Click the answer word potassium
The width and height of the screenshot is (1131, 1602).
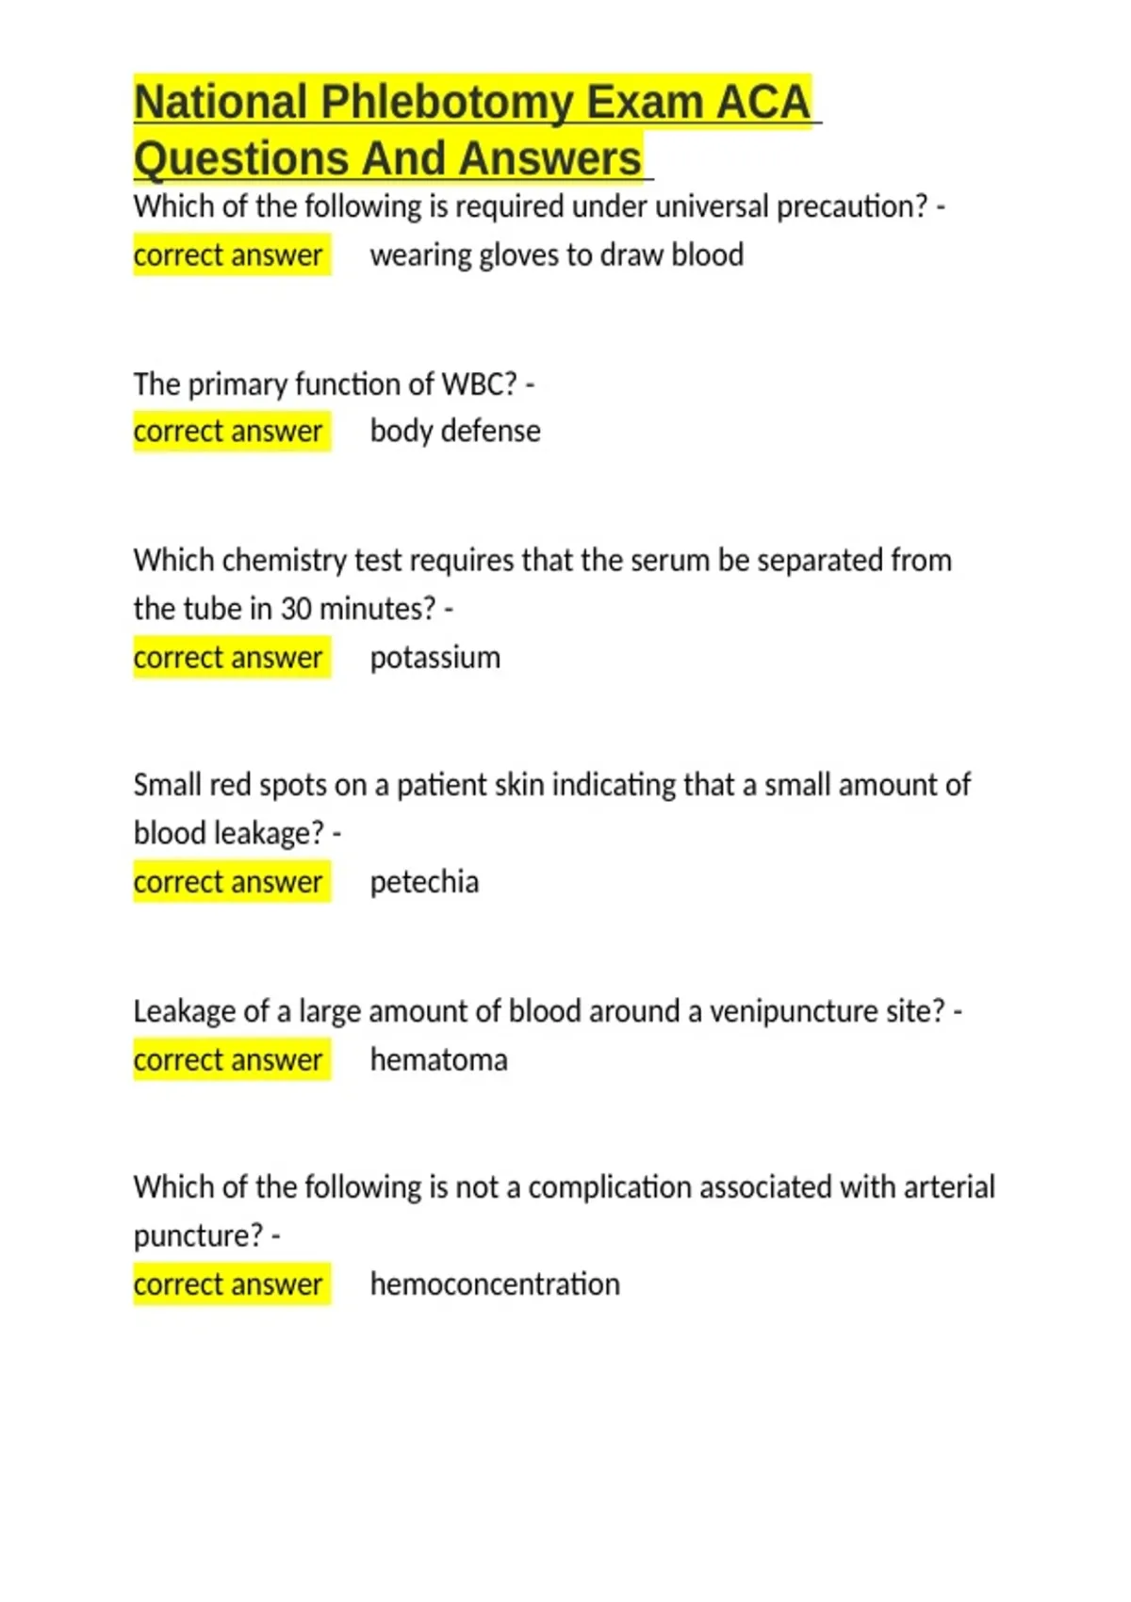(434, 658)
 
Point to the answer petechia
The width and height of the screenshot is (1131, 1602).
(424, 882)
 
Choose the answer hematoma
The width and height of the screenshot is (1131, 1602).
(438, 1060)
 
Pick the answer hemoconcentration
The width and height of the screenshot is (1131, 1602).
(495, 1284)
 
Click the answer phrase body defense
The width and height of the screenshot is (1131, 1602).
(455, 432)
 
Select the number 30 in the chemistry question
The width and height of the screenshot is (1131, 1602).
(296, 609)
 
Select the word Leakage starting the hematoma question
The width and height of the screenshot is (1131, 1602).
(184, 1011)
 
